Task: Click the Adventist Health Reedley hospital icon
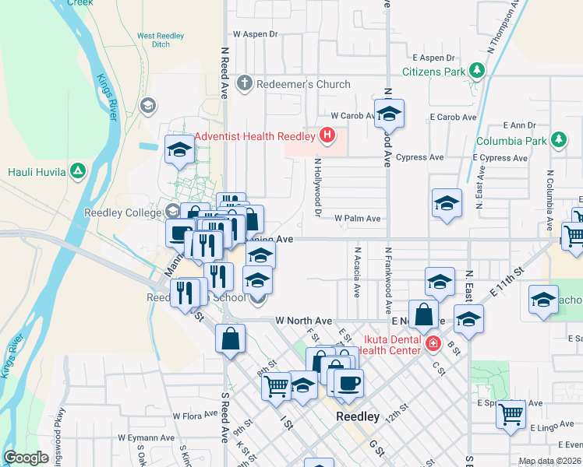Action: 327,135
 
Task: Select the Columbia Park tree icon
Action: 557,141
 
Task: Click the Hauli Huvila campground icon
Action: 77,171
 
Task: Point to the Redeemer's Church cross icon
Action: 244,83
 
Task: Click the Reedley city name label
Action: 358,416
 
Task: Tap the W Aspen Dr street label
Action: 255,34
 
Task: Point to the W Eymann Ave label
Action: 146,438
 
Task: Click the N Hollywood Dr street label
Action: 318,187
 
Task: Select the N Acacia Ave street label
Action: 356,272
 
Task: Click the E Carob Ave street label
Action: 453,117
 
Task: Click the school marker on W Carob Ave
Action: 389,114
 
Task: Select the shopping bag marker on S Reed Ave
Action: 231,339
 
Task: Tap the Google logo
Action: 26,458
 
